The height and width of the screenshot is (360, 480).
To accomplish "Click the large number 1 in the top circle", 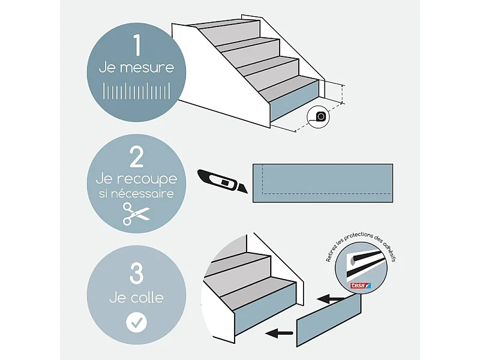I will [x=136, y=45].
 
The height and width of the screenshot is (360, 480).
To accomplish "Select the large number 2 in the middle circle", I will [x=136, y=158].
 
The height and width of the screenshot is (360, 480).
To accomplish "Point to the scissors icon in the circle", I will [x=136, y=214].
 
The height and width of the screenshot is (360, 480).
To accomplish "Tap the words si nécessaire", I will [x=136, y=194].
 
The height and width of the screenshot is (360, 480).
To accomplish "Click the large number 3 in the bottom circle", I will [x=136, y=274].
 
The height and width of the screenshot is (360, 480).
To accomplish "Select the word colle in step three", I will [x=147, y=297].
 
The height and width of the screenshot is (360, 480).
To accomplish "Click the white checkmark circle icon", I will [x=136, y=322].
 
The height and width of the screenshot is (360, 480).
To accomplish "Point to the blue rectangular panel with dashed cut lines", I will [x=322, y=183].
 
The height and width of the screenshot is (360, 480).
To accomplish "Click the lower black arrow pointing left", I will [x=280, y=332].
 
